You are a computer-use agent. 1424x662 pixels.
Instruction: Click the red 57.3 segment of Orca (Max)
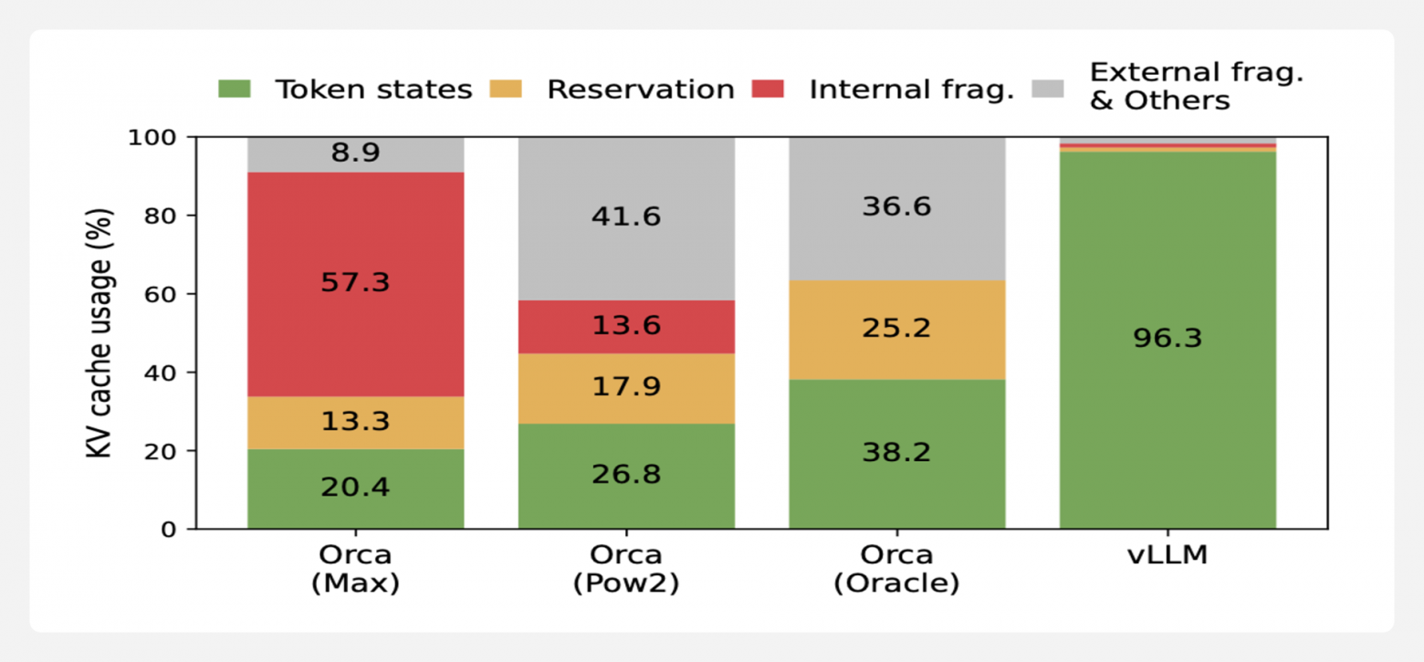point(355,284)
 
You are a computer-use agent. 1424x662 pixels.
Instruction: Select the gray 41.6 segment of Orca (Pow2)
point(626,219)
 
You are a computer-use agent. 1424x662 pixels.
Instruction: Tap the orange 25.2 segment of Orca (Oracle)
point(897,330)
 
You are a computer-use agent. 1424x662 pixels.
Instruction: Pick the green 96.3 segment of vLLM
point(1167,341)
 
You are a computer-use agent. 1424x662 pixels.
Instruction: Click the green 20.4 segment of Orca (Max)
point(355,489)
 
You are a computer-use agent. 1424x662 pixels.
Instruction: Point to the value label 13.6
point(626,326)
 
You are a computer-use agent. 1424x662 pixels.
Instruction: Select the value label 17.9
point(626,386)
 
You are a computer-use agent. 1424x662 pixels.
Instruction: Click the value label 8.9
point(355,152)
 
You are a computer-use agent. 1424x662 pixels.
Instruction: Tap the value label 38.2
point(897,453)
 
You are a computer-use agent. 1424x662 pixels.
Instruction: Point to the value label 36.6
point(897,206)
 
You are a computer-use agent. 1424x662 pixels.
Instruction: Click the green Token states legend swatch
point(235,89)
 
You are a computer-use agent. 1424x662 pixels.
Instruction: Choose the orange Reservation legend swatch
point(506,89)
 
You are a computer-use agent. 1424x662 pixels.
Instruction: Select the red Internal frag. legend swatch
point(768,89)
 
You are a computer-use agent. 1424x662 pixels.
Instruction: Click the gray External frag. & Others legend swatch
point(1048,89)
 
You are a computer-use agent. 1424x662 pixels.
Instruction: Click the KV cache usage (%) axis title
point(99,333)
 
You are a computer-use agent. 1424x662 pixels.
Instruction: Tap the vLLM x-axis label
point(1167,555)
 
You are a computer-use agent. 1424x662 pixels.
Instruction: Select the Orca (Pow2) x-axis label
point(626,569)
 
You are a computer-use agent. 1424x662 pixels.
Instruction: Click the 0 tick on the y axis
point(169,530)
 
